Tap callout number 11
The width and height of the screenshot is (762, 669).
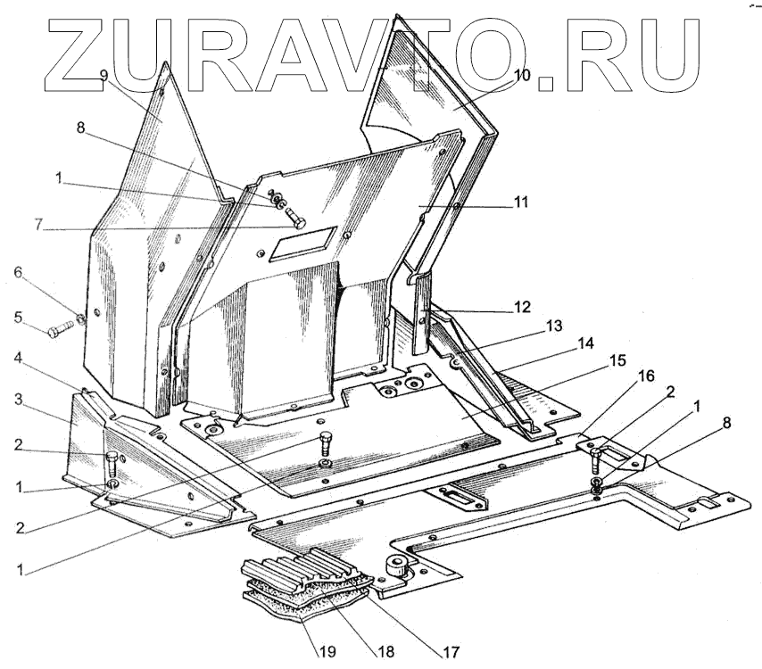pyautogui.click(x=520, y=202)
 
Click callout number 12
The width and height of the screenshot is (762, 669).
pyautogui.click(x=521, y=307)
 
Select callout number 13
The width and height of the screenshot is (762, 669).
pyautogui.click(x=554, y=326)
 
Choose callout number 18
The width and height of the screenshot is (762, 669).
pyautogui.click(x=385, y=653)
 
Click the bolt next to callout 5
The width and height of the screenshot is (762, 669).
pyautogui.click(x=61, y=330)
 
